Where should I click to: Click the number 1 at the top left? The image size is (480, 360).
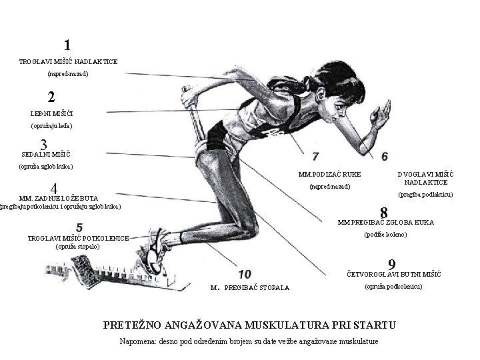[x=67, y=45]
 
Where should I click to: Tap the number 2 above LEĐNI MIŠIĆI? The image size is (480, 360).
[x=51, y=97]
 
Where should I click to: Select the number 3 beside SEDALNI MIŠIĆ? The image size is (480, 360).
[x=43, y=145]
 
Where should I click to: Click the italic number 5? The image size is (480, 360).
[x=79, y=227]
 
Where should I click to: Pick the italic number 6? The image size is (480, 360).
[x=385, y=156]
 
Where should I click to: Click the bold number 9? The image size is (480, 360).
[x=394, y=264]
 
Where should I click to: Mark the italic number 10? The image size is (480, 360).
[x=244, y=274]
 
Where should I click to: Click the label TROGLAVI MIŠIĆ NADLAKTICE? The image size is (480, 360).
[x=68, y=61]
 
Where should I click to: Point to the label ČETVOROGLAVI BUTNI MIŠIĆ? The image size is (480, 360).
[x=393, y=274]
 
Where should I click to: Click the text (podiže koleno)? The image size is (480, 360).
[x=385, y=234]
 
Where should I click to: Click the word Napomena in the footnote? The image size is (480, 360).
[x=136, y=341]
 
